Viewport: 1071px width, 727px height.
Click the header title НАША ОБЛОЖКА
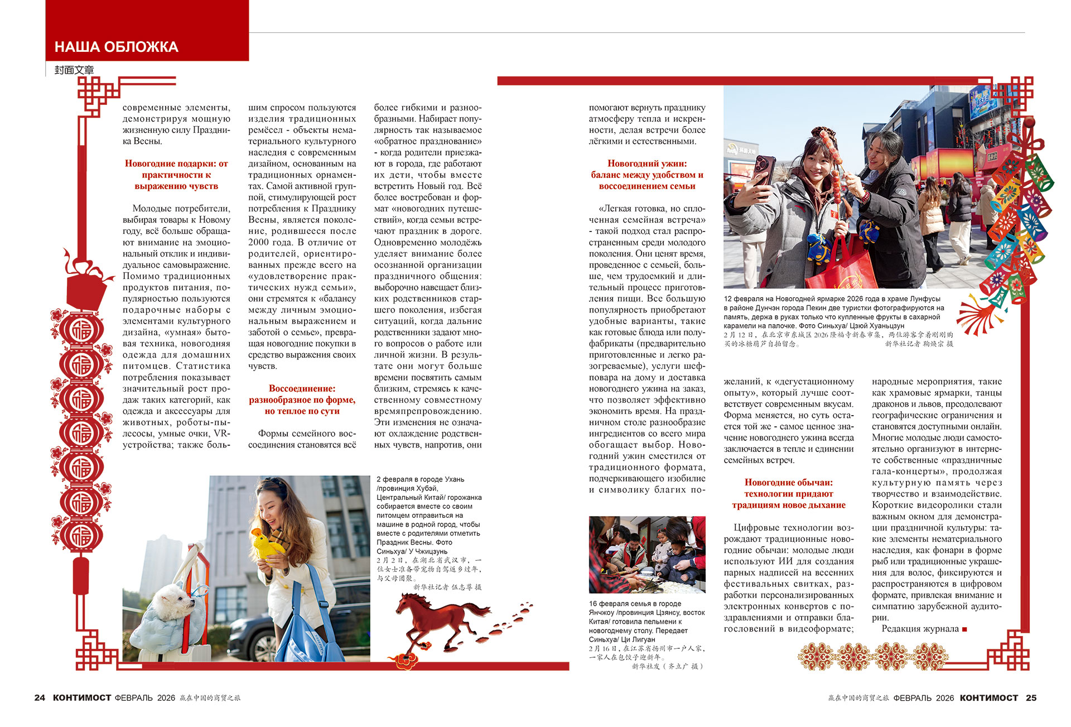click(x=116, y=47)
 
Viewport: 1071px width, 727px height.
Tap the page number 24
click(x=40, y=697)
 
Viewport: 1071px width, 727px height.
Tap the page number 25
click(x=1031, y=697)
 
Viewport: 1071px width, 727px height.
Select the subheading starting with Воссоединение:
click(x=302, y=399)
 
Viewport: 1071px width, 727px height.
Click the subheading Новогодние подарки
click(x=176, y=175)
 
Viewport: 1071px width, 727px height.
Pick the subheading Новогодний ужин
click(x=647, y=175)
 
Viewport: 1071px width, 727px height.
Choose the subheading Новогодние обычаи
click(x=788, y=494)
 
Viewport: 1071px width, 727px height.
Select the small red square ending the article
click(x=964, y=629)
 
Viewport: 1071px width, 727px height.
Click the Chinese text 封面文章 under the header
click(x=74, y=70)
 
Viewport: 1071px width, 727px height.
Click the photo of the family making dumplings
click(x=647, y=554)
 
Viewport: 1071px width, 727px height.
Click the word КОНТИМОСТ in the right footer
click(x=988, y=697)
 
